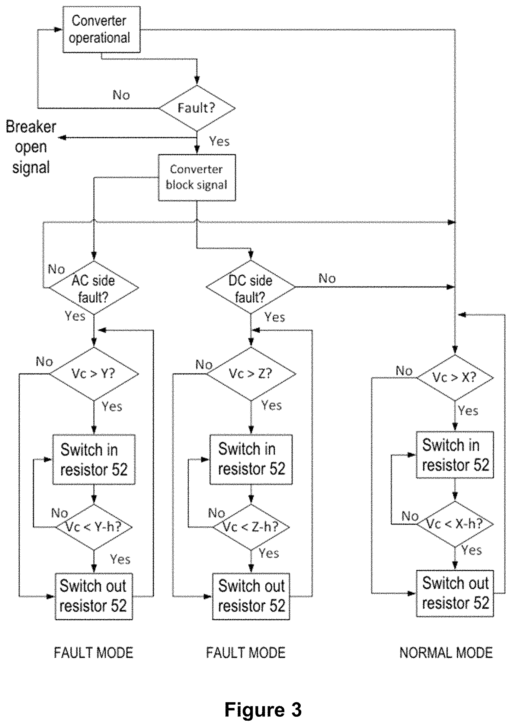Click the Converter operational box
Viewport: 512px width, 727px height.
tap(101, 29)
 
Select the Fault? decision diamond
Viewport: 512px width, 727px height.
tap(197, 108)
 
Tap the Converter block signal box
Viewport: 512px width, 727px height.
tap(197, 178)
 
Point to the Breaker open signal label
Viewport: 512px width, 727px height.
tap(31, 147)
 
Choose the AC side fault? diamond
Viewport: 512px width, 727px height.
tap(94, 288)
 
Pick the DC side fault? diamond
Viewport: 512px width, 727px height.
tap(251, 287)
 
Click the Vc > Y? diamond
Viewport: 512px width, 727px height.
tap(94, 374)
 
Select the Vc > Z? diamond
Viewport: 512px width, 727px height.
tap(251, 374)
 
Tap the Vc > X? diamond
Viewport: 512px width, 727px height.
tap(455, 377)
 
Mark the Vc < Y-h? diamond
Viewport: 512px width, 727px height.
tap(94, 527)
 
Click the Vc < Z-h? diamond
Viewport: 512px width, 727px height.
tap(251, 527)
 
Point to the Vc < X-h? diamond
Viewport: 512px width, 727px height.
tap(455, 524)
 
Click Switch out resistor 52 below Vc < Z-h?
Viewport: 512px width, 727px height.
tap(251, 596)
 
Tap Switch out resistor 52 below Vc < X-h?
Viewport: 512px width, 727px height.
tap(455, 593)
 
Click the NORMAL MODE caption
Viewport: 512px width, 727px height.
tap(446, 653)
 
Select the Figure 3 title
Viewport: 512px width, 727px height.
tap(263, 709)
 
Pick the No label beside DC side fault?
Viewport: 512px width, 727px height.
tap(327, 279)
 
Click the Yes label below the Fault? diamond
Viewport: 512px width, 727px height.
tap(219, 141)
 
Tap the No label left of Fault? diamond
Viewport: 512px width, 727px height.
tap(121, 95)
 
